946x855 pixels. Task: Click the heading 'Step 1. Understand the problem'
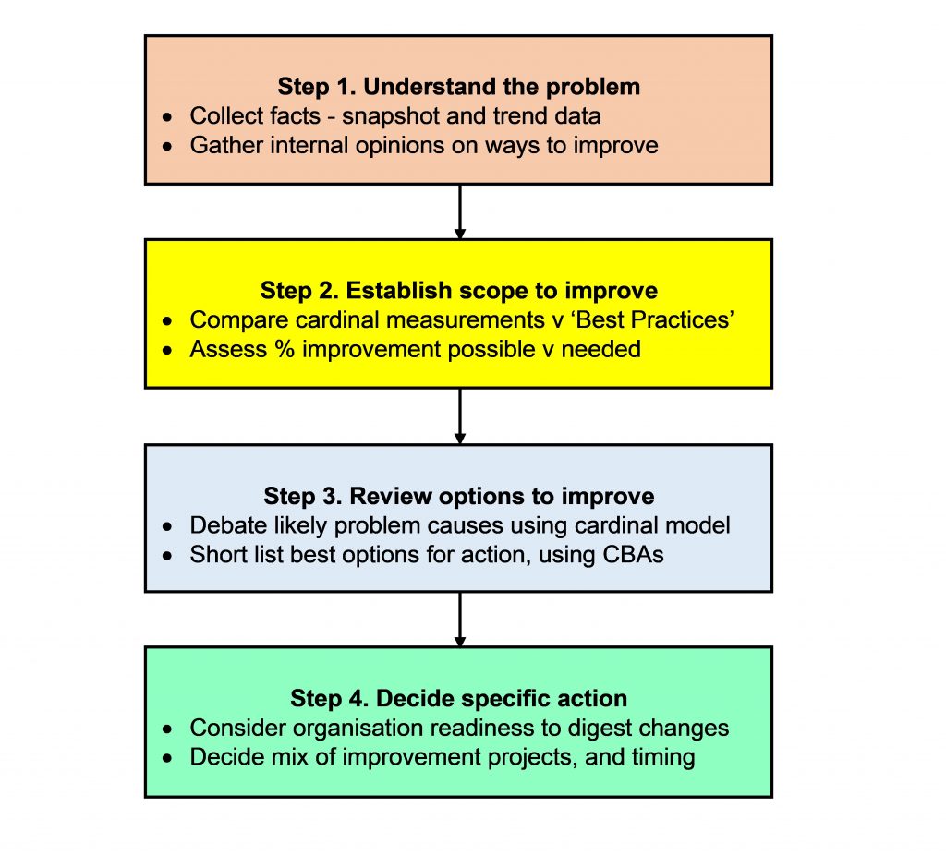tap(458, 87)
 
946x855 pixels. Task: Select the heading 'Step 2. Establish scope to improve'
tap(458, 291)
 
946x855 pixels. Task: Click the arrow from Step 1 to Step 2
tap(459, 211)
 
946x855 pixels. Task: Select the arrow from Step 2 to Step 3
tap(459, 415)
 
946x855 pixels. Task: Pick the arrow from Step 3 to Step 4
tap(459, 619)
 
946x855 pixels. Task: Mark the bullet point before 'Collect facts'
tap(166, 118)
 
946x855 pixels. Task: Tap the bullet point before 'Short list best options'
tap(166, 556)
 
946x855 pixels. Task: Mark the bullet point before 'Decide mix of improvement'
tap(166, 759)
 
